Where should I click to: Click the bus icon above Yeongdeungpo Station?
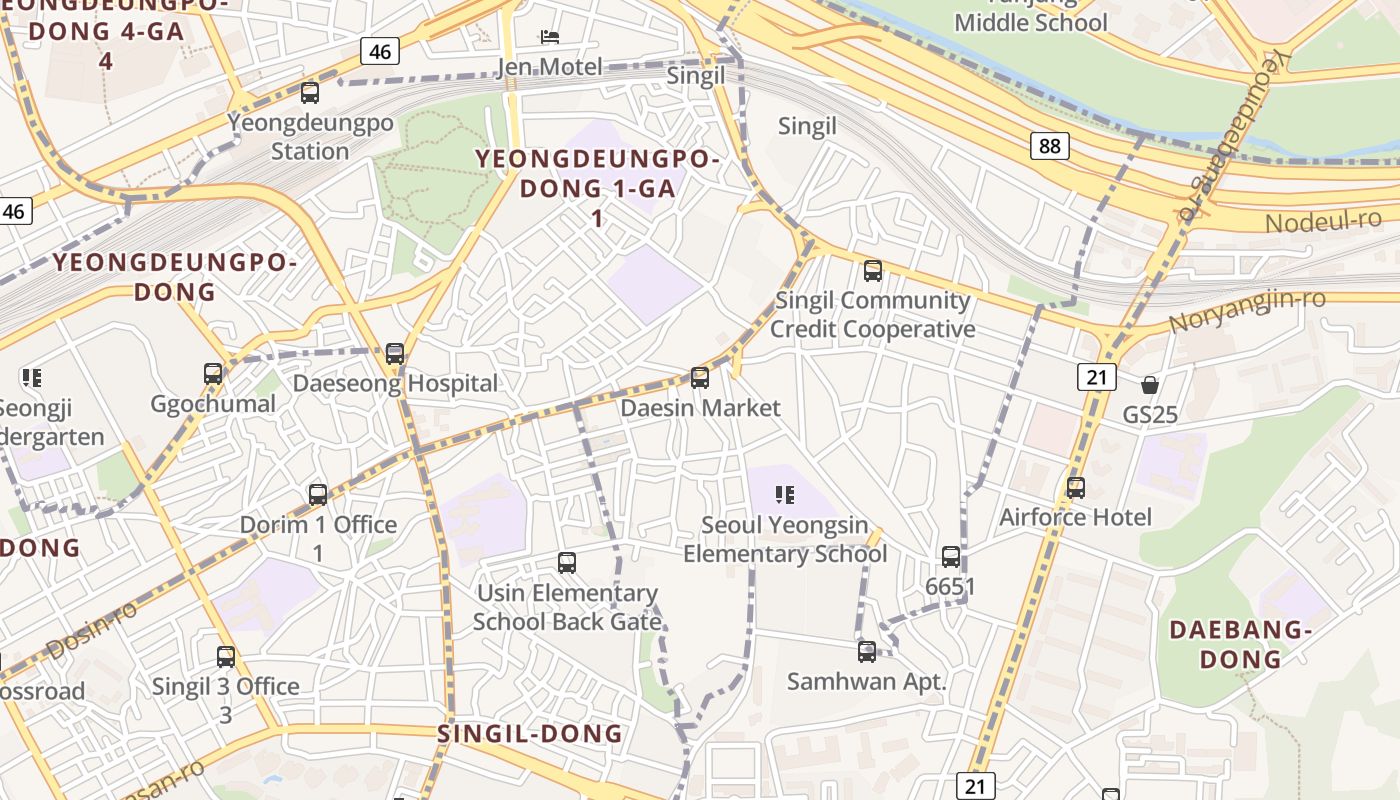point(310,93)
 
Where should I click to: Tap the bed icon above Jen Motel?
point(549,37)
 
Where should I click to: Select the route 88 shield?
point(1049,146)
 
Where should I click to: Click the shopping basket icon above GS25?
point(1150,385)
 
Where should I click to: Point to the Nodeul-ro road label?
point(1323,220)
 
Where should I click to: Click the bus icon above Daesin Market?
point(700,378)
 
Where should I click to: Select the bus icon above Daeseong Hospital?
point(395,354)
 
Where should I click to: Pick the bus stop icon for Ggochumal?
point(213,374)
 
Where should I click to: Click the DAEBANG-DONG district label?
point(1240,644)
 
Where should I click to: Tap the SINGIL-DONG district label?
point(530,734)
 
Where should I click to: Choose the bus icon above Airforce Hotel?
point(1076,488)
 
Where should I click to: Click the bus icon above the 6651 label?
point(950,557)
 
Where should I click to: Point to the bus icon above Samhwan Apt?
point(867,652)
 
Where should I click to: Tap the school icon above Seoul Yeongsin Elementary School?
point(784,494)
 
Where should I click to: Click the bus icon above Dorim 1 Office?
point(318,494)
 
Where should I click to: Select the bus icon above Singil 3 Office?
point(226,657)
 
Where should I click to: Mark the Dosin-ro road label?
point(91,631)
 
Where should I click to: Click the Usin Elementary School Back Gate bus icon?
point(567,563)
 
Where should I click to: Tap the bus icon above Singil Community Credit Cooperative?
point(873,270)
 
